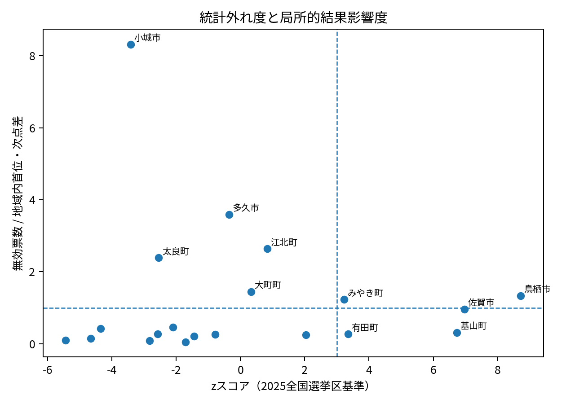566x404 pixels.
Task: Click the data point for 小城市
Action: [x=131, y=44]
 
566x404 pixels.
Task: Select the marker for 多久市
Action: [x=229, y=215]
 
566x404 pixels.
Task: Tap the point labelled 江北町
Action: [x=267, y=249]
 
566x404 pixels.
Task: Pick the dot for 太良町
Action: [x=159, y=258]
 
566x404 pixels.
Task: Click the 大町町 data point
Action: [x=251, y=292]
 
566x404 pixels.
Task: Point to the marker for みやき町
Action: [x=344, y=299]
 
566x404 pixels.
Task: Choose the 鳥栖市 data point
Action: [x=521, y=296]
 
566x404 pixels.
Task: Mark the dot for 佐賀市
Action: [x=464, y=309]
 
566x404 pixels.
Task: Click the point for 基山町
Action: [x=457, y=333]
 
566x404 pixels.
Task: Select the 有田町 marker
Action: [x=348, y=334]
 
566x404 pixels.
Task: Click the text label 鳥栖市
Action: [x=537, y=289]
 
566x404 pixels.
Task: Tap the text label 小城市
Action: [x=147, y=38]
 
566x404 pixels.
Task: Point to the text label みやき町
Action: [x=365, y=293]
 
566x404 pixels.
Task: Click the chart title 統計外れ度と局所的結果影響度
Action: [x=293, y=18]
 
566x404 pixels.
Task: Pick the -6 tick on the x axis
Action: [x=46, y=371]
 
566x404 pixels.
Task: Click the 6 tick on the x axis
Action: [x=433, y=371]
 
